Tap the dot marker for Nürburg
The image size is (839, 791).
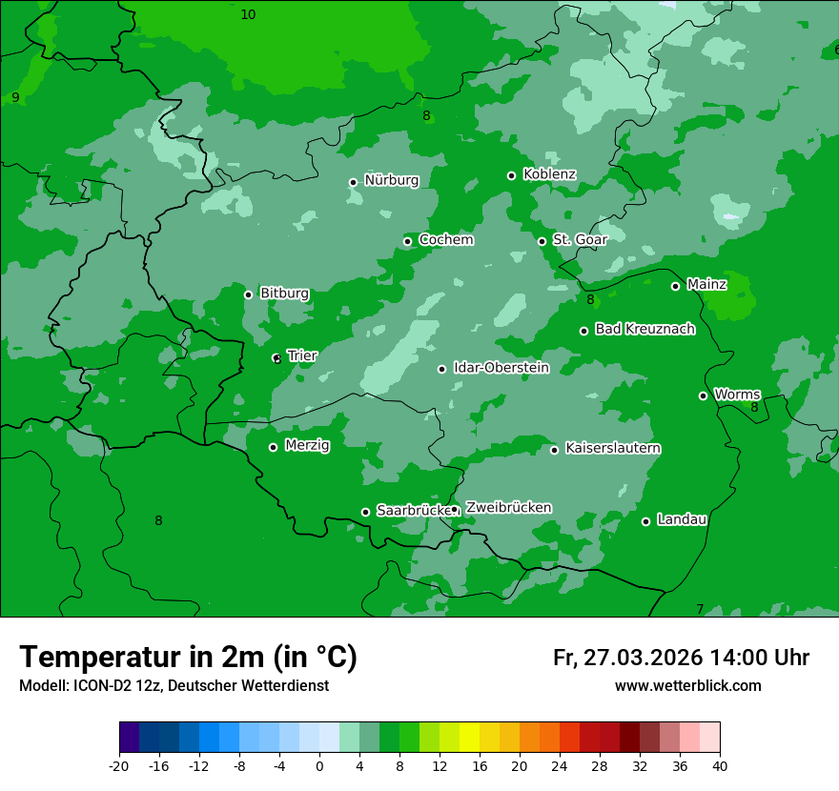click(353, 182)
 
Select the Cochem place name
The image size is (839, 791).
click(445, 239)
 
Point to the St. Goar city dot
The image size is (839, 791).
click(542, 241)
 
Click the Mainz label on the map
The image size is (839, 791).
click(706, 284)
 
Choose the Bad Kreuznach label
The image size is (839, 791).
click(645, 329)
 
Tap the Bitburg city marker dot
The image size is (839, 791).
click(248, 294)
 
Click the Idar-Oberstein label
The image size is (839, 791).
click(501, 367)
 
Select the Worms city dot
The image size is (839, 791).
click(703, 395)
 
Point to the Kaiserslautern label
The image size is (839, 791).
click(612, 448)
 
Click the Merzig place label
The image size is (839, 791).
click(307, 445)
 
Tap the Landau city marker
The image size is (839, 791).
click(645, 521)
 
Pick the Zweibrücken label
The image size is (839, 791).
click(508, 507)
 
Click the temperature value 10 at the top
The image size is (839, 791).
click(248, 14)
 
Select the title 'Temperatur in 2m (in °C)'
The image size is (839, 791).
click(188, 658)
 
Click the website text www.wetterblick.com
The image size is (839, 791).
click(687, 686)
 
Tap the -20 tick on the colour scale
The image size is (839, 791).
click(119, 766)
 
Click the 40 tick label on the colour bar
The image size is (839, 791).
click(720, 766)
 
